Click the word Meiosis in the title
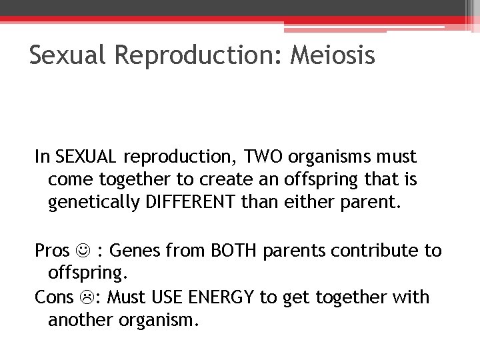[333, 55]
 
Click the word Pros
[52, 251]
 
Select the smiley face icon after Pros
[83, 251]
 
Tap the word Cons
[54, 297]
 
